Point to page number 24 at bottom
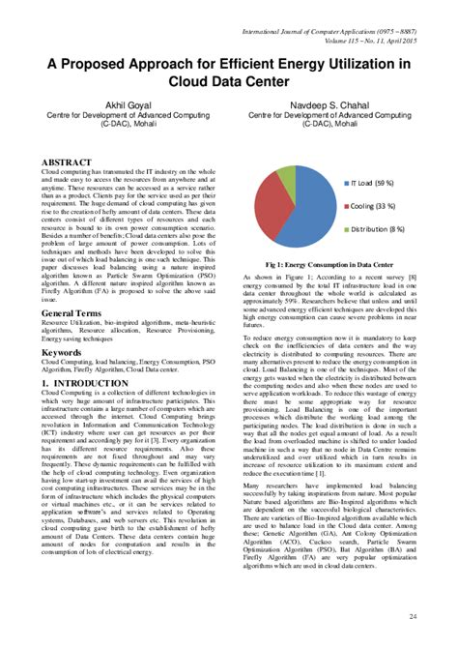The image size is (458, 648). pyautogui.click(x=414, y=616)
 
